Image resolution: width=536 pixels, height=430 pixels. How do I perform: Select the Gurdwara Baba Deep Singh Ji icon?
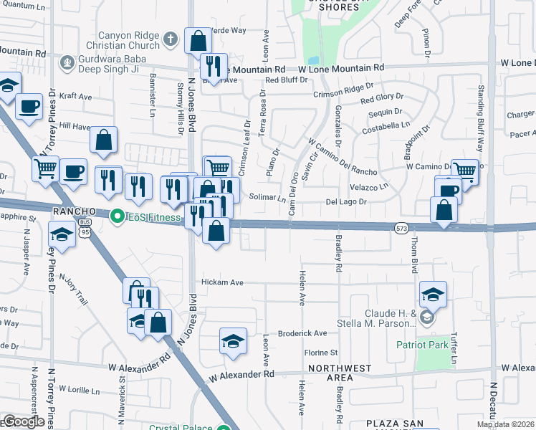(x=68, y=62)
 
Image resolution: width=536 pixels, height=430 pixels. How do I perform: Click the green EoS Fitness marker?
(x=116, y=215)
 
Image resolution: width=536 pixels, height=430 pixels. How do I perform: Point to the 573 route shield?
(x=401, y=228)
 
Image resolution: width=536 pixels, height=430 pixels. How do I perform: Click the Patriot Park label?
(x=423, y=345)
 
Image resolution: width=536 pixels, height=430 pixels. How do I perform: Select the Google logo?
(x=23, y=421)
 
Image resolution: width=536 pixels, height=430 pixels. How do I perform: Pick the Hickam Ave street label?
(x=222, y=282)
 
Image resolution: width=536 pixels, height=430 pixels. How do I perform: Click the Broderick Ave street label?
(x=302, y=333)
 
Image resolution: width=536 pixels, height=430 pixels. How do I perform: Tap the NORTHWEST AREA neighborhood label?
(x=330, y=373)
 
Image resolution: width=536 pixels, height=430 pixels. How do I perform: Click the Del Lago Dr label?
(x=346, y=202)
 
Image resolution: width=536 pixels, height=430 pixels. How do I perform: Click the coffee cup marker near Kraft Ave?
(x=29, y=107)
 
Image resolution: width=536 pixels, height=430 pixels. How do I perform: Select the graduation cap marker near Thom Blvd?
(x=433, y=295)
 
